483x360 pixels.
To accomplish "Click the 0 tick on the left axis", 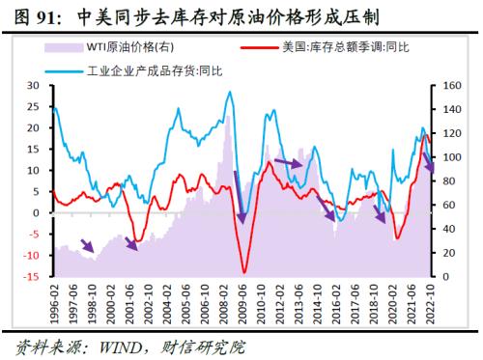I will [35, 213].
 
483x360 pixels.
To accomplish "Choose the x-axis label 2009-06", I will [243, 302].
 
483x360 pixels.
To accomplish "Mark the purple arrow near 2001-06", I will [128, 242].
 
